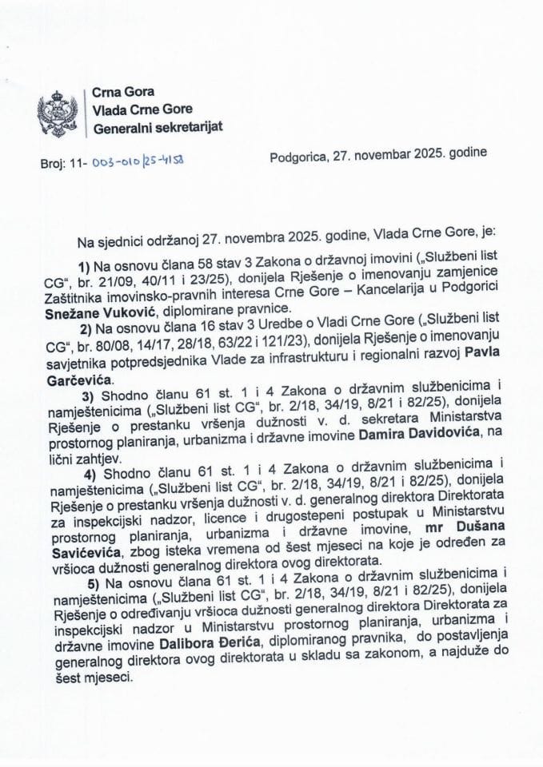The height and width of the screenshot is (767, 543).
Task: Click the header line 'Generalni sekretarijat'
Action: (x=158, y=128)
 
